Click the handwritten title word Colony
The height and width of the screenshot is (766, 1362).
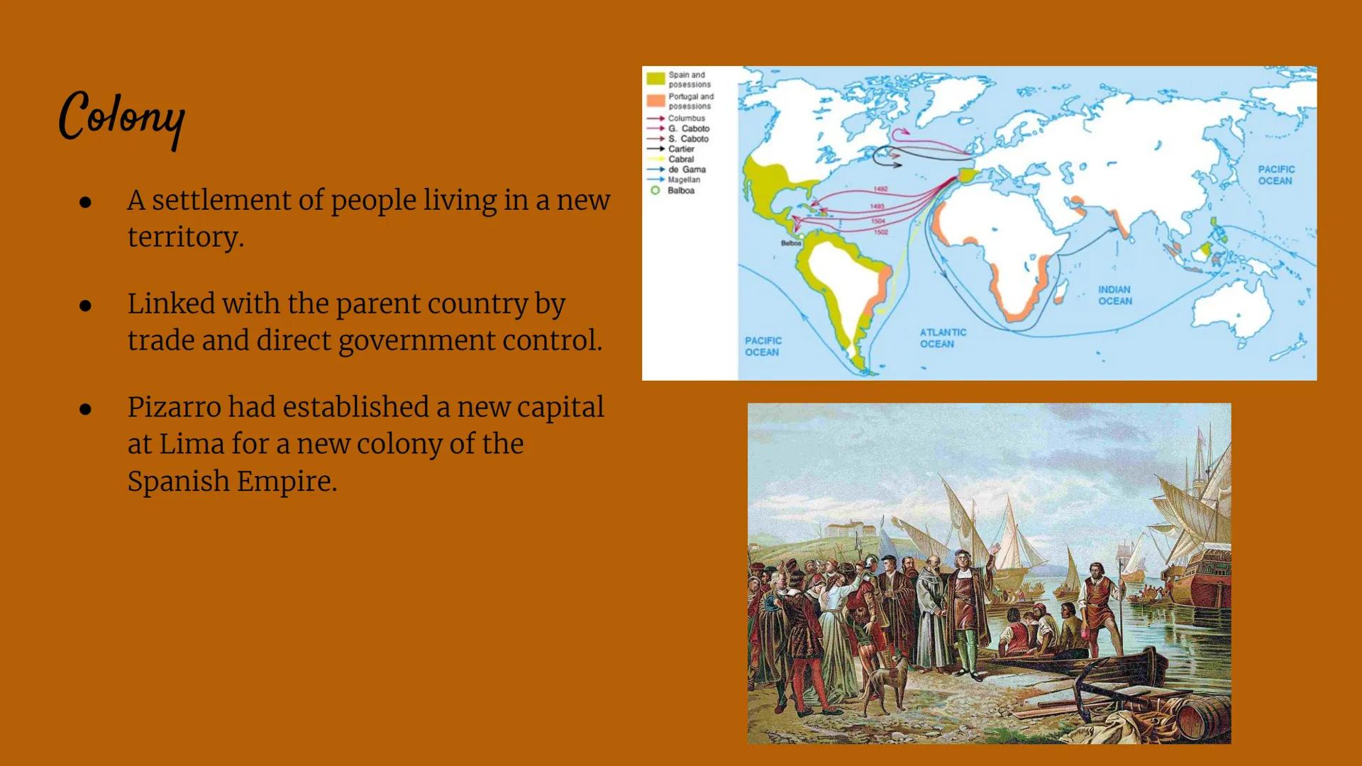point(122,117)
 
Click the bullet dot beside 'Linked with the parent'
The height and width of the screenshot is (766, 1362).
point(86,306)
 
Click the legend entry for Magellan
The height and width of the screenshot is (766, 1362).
point(683,180)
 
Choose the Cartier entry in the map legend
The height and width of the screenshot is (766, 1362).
point(680,149)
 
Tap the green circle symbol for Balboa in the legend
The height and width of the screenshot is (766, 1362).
point(655,190)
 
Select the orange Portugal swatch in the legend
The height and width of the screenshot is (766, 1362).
point(655,101)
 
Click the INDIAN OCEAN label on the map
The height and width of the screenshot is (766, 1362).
point(1114,295)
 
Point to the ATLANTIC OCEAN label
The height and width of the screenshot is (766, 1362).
point(943,338)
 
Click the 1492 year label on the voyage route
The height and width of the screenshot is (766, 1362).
point(880,189)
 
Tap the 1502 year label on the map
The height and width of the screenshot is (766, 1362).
point(880,232)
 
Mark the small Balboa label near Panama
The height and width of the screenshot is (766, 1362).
point(791,243)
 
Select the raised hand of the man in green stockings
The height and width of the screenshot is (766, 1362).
point(996,548)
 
